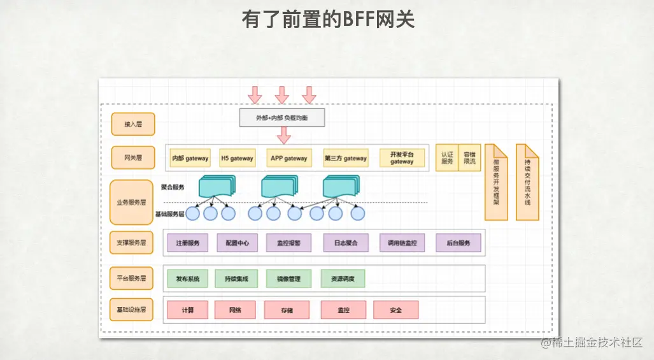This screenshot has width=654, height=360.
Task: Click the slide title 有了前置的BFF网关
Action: tap(328, 20)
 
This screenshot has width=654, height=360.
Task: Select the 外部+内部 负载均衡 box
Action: tap(281, 118)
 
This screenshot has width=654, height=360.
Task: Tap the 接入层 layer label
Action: tap(132, 124)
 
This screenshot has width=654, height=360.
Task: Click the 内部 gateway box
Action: tap(190, 158)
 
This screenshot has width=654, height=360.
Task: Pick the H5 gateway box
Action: tap(237, 158)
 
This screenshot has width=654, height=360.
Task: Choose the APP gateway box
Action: tap(288, 158)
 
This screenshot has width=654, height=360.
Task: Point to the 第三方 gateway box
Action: tap(345, 158)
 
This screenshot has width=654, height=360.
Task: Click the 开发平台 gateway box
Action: tap(402, 158)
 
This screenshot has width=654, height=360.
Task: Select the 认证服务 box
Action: tap(447, 157)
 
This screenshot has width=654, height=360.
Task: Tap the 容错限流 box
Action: tap(469, 157)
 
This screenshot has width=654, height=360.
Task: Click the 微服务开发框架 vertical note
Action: tap(496, 182)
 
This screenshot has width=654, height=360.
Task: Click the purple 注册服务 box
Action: tap(188, 243)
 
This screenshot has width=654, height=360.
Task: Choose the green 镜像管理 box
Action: tap(288, 278)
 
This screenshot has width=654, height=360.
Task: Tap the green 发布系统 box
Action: tap(188, 278)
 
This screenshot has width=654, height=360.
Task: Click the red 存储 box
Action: tap(287, 310)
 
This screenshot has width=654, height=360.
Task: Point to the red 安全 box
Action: tap(396, 310)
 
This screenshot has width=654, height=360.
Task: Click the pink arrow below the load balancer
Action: tap(284, 135)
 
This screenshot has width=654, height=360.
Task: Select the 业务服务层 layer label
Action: tap(131, 203)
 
